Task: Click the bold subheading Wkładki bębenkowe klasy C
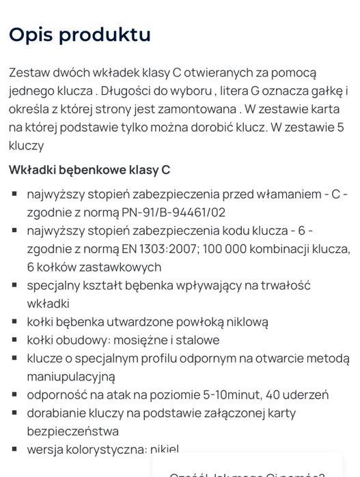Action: pos(89,170)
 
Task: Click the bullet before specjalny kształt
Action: pos(14,285)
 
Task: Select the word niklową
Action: pos(241,321)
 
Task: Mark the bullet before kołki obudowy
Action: pos(14,340)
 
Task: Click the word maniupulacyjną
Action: pos(71,376)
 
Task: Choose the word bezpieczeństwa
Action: pos(73,431)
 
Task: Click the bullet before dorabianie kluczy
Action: pos(14,413)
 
